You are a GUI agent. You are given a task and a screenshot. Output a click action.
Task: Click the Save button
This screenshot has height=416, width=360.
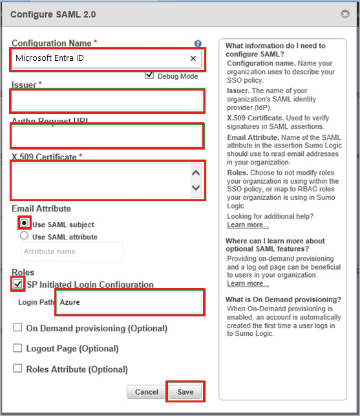[x=185, y=391]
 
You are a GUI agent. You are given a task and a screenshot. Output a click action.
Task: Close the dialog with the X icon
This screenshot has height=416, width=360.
[x=346, y=14]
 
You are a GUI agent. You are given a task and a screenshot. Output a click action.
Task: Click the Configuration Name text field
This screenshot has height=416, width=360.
[x=97, y=59]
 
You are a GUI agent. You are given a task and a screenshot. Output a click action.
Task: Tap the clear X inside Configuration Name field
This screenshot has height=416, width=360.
[x=193, y=59]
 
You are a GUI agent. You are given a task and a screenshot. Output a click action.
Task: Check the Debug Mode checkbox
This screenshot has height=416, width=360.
[x=150, y=76]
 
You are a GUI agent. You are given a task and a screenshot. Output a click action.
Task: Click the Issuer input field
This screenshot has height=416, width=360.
[x=107, y=101]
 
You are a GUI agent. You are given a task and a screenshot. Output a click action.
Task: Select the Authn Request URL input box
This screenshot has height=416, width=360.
[x=107, y=136]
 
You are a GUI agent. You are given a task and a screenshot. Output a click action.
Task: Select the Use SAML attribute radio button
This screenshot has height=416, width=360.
[x=25, y=236]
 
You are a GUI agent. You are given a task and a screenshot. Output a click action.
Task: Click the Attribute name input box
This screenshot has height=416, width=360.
[x=71, y=252]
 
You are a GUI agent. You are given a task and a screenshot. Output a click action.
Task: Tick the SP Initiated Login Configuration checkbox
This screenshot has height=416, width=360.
[x=18, y=284]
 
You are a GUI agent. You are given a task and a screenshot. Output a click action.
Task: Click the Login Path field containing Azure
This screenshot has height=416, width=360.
[x=129, y=302]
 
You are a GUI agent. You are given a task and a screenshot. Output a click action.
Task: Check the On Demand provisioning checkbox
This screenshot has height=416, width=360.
[x=18, y=328]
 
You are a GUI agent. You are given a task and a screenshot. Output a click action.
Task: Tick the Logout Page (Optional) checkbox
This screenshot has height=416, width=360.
[x=18, y=348]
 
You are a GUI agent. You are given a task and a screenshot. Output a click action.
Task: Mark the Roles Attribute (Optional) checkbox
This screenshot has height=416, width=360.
[x=18, y=369]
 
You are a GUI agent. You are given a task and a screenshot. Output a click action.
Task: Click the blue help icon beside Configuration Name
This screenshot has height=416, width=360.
[x=198, y=43]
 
